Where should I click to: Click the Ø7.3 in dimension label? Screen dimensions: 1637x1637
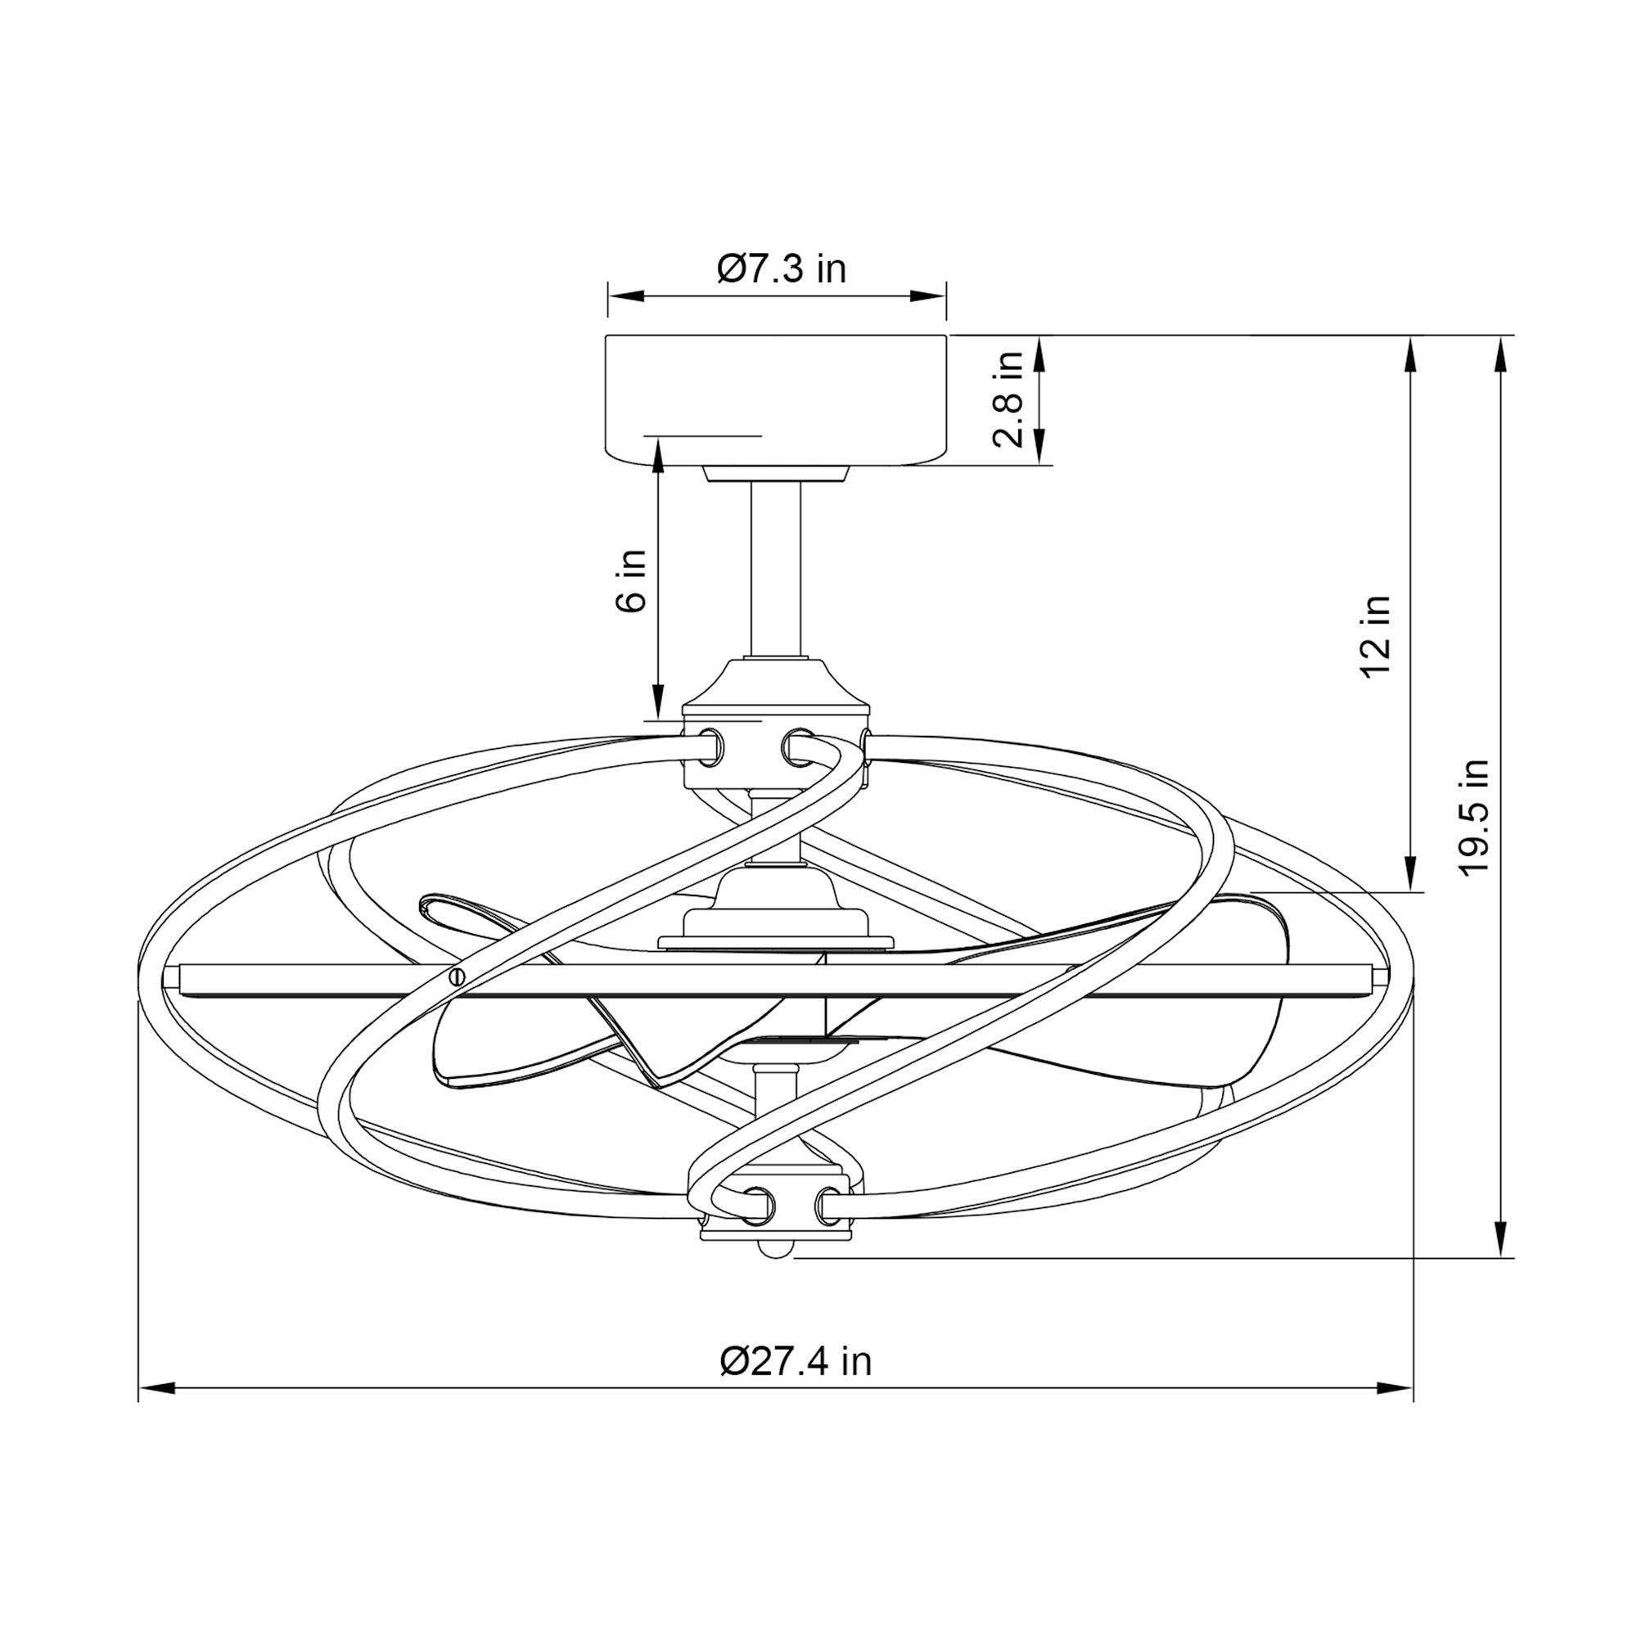(x=781, y=268)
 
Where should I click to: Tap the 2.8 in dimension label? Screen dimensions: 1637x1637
(x=1009, y=399)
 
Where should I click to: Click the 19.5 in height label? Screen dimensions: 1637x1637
(x=1472, y=817)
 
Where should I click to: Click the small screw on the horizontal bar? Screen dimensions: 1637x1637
(x=458, y=976)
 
